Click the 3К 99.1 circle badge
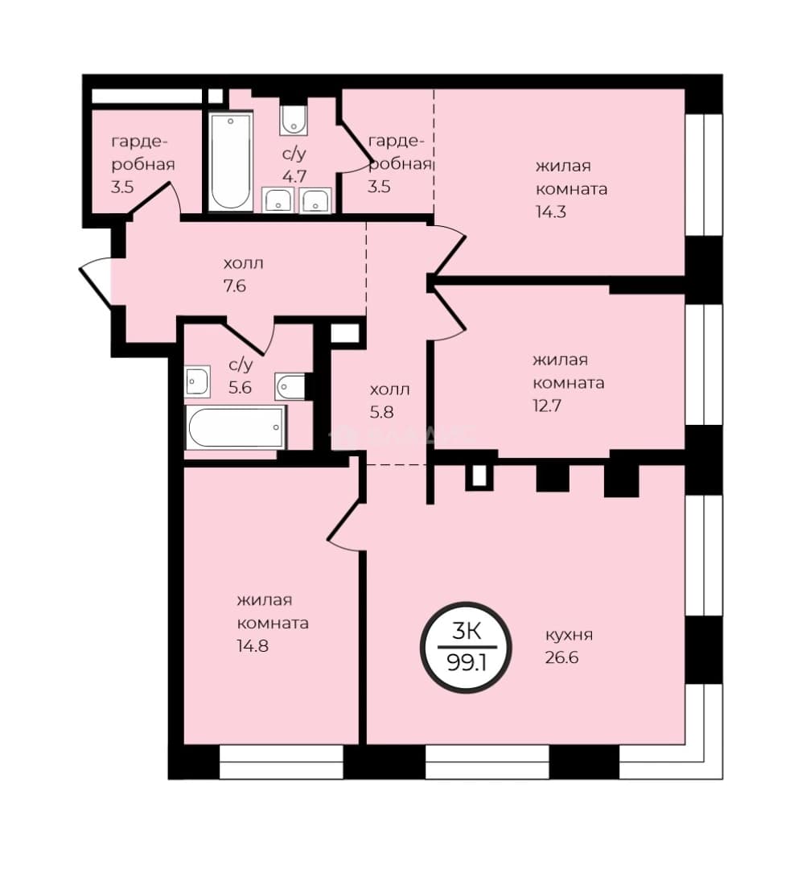466,647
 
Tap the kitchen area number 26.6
561,658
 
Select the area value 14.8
253,645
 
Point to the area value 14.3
551,212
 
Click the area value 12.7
547,406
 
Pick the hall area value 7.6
234,286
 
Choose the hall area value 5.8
381,412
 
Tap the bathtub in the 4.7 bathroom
230,161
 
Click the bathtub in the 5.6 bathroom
236,426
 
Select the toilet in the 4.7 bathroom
294,120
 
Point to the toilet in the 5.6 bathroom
291,386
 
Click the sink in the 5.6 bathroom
197,381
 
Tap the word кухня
569,635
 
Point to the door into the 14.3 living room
449,250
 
